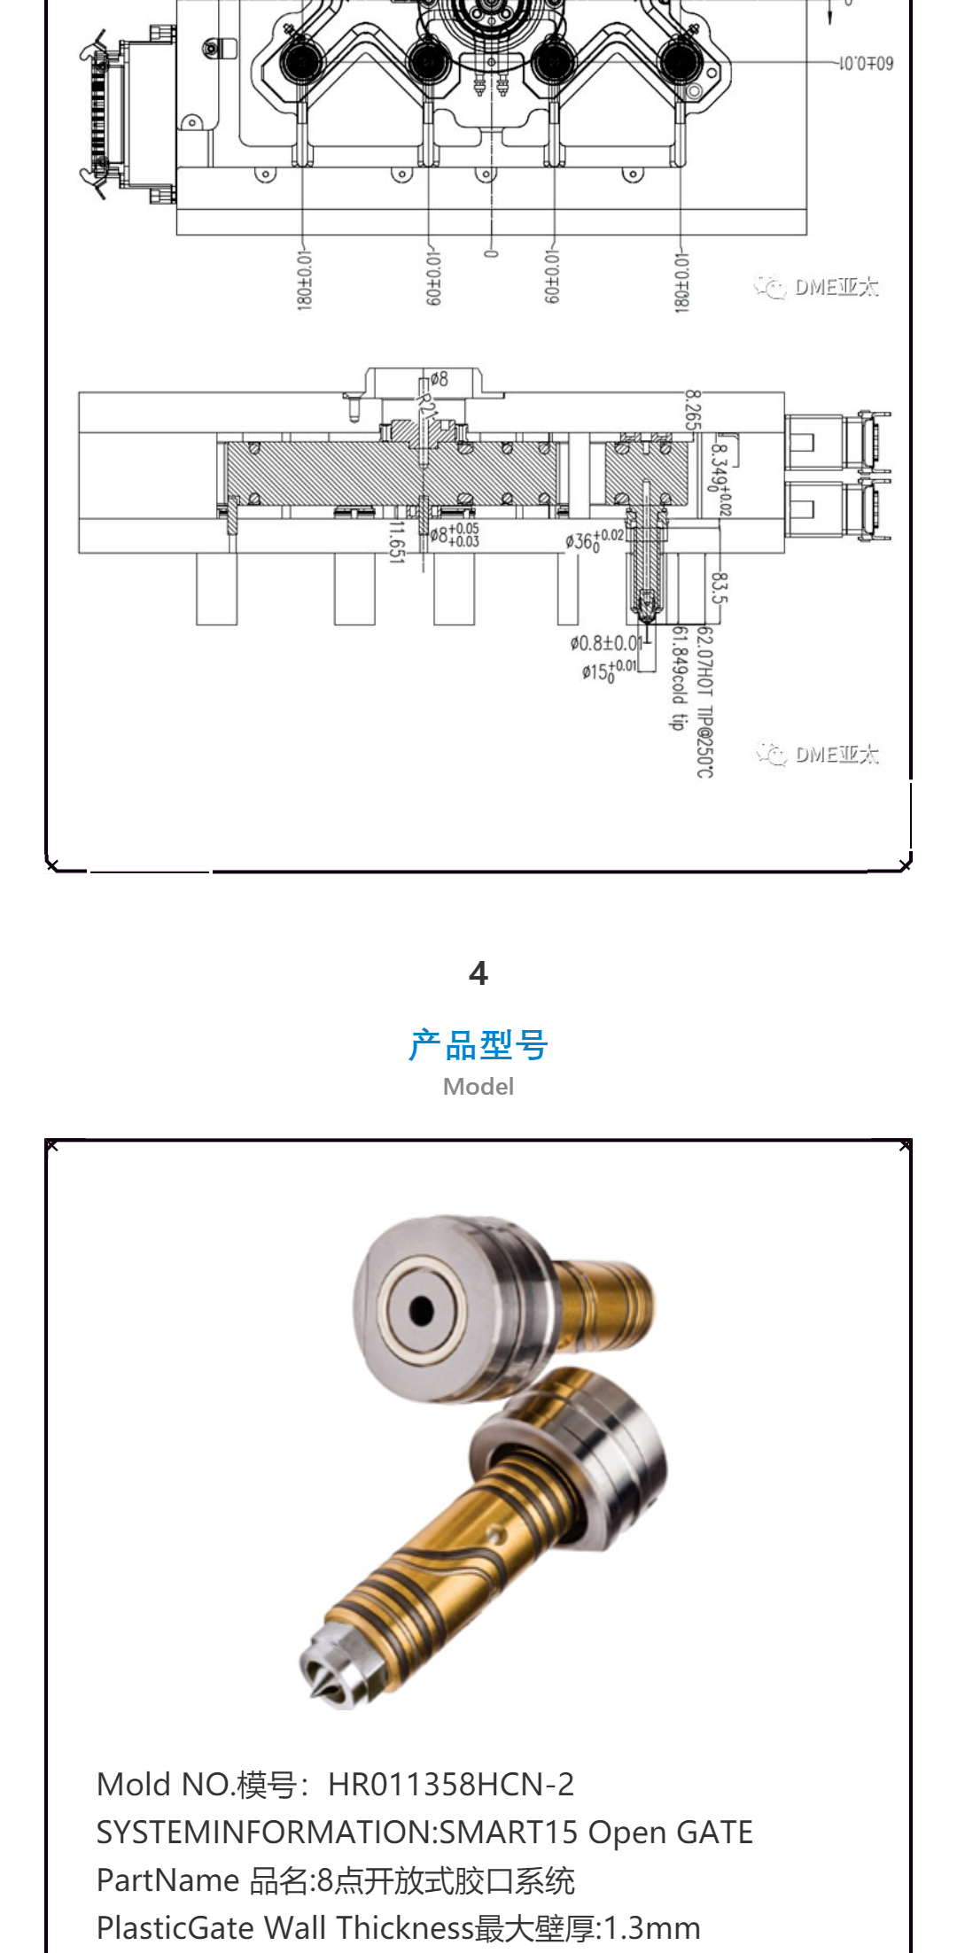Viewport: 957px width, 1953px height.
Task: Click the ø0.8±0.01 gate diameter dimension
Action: click(606, 643)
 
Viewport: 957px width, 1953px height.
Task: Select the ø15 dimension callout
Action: click(609, 670)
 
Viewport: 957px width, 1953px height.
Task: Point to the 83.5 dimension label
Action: click(719, 587)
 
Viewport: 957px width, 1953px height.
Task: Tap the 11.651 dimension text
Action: click(396, 540)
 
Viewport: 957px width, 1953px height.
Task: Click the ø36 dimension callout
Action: click(595, 539)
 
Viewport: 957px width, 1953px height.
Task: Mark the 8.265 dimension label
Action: click(693, 410)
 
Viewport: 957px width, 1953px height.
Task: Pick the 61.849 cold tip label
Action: click(678, 678)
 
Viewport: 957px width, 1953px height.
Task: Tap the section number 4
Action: click(478, 973)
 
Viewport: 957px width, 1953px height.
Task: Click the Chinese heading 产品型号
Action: click(478, 1045)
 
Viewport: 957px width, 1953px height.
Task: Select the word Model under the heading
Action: click(478, 1087)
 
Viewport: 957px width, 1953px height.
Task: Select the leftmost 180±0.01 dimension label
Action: click(304, 280)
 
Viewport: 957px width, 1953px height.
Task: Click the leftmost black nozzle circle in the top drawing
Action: click(302, 61)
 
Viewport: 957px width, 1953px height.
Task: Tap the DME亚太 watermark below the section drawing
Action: click(817, 754)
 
